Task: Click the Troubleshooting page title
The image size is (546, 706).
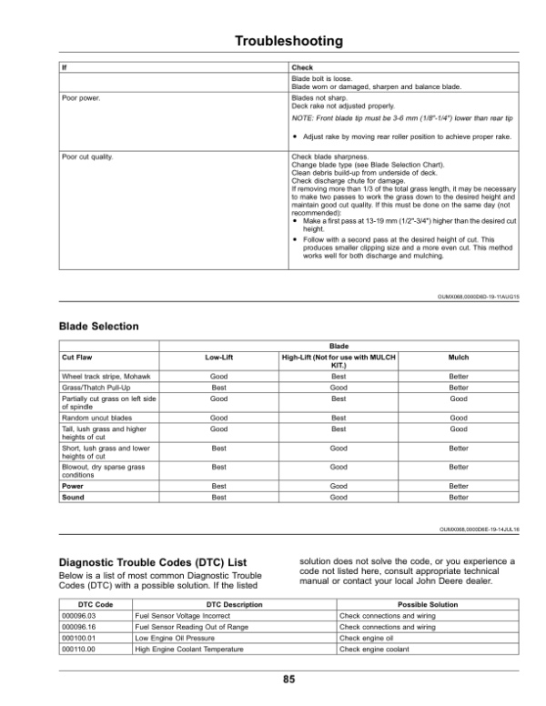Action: pyautogui.click(x=288, y=41)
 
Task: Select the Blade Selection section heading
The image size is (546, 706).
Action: pyautogui.click(x=97, y=326)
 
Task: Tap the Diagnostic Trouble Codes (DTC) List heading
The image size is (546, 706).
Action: pyautogui.click(x=149, y=561)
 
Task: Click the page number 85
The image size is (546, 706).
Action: pyautogui.click(x=288, y=679)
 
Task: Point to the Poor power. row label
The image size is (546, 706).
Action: pyautogui.click(x=79, y=96)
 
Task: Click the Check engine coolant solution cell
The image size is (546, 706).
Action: pyautogui.click(x=373, y=649)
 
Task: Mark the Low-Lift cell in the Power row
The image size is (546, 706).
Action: pyautogui.click(x=218, y=487)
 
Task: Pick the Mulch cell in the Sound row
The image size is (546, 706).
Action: pyautogui.click(x=459, y=499)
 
